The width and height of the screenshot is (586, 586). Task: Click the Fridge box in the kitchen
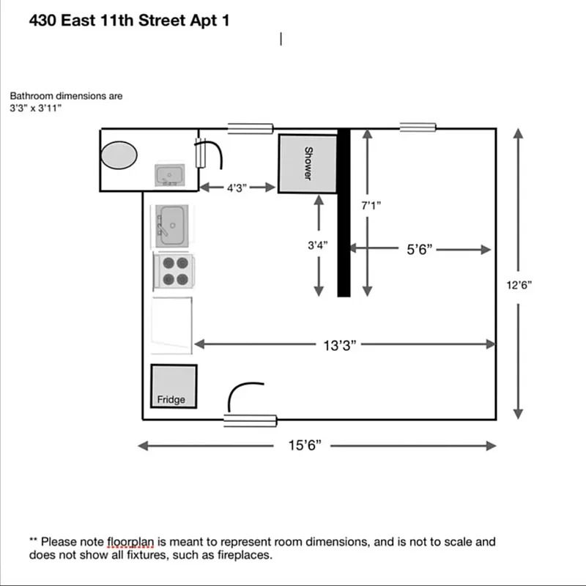174,386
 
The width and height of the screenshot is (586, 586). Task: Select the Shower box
307,164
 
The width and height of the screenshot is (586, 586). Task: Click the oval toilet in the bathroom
119,155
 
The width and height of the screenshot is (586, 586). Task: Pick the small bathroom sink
170,176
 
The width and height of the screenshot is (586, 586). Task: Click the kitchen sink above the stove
172,225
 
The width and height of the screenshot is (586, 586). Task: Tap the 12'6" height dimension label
519,285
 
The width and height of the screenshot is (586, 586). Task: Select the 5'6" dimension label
420,249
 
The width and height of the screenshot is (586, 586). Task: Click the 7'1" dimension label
371,206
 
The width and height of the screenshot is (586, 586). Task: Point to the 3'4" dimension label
317,245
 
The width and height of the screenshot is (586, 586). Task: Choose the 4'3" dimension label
236,188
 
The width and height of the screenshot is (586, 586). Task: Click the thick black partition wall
344,212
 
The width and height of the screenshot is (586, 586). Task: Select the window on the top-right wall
418,127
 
